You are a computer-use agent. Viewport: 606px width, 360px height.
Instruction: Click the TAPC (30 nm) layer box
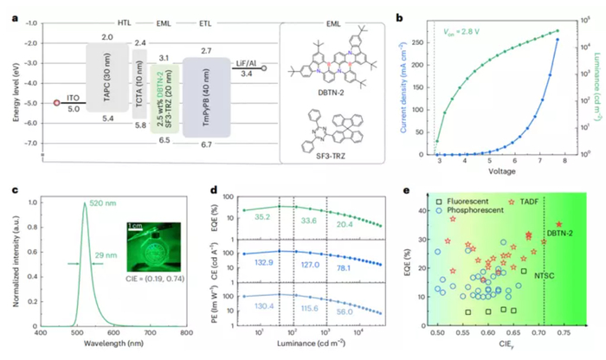point(107,80)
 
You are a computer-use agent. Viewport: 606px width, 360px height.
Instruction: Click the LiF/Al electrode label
point(248,64)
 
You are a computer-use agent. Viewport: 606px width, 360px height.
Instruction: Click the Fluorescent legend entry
point(469,201)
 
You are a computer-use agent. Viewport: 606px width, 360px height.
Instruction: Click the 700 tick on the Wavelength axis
point(150,332)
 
